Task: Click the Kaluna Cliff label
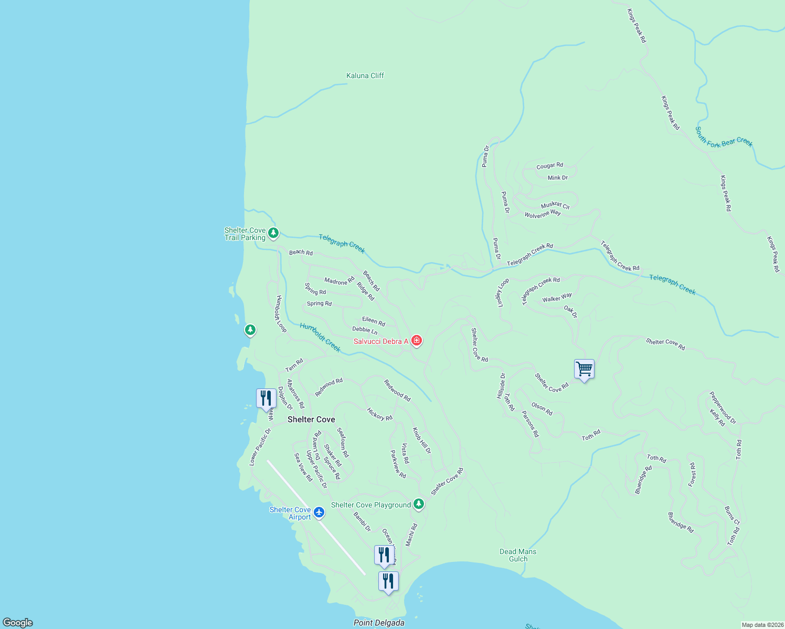[x=365, y=75]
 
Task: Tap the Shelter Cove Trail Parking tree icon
[x=273, y=233]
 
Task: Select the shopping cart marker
[x=584, y=370]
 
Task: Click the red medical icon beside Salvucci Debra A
[x=417, y=341]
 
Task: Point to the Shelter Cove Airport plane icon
[x=319, y=512]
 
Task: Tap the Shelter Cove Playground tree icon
[x=418, y=504]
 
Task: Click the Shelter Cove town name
[x=311, y=419]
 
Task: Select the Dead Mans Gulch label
[x=518, y=555]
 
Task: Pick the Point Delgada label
[x=379, y=623]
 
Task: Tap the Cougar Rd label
[x=549, y=166]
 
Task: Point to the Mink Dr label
[x=558, y=178]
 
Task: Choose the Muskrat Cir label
[x=555, y=205]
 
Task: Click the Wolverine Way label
[x=543, y=214]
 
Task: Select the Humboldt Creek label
[x=320, y=337]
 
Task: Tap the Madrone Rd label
[x=340, y=281]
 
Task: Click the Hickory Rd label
[x=379, y=415]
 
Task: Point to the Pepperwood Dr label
[x=723, y=407]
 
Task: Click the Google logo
[x=18, y=623]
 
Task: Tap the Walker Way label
[x=557, y=298]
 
